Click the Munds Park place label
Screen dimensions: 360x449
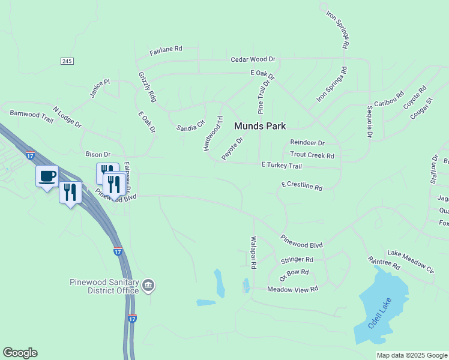[260, 126]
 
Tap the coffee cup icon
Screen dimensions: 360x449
[47, 176]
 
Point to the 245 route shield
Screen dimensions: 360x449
[67, 61]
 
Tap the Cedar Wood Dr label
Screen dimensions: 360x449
[253, 59]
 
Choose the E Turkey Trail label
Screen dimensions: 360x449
[282, 165]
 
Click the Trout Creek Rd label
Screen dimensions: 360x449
[312, 155]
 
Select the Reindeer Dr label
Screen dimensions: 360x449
[307, 143]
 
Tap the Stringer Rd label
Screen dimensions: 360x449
[297, 260]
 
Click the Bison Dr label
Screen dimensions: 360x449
[98, 154]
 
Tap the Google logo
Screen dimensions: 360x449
[20, 353]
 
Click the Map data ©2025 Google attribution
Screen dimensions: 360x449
[412, 355]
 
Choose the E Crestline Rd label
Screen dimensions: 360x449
[301, 186]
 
